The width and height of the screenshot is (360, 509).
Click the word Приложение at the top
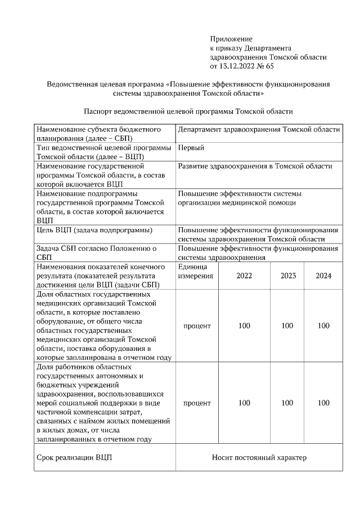[x=231, y=39]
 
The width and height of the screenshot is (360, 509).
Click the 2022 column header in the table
[x=244, y=276]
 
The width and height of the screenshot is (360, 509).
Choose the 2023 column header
[x=287, y=276]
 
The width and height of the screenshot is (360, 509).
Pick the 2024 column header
[x=323, y=276]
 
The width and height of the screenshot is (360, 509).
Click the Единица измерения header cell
[x=195, y=271]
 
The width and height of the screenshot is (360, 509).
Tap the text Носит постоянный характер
[x=259, y=457]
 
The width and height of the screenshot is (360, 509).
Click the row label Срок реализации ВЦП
[x=74, y=457]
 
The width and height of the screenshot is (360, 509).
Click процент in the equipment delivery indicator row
[x=197, y=326]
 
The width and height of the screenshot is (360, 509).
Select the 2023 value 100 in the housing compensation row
[x=287, y=403]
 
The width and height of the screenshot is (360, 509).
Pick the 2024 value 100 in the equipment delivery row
[x=323, y=326]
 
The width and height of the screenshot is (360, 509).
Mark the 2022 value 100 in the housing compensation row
[x=244, y=403]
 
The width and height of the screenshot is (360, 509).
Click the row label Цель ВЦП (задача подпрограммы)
[x=93, y=230]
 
